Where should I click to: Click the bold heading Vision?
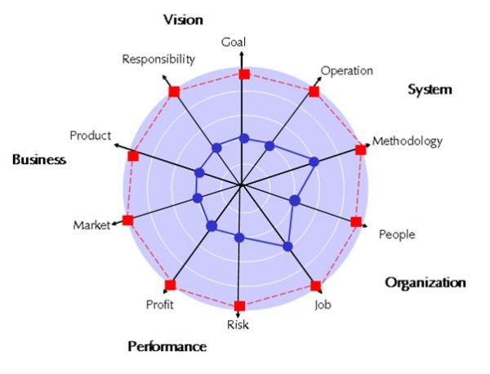pos(183,19)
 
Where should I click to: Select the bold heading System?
pos(430,89)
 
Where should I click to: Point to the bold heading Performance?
pos(167,346)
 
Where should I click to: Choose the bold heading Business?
pos(38,159)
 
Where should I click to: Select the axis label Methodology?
pos(408,141)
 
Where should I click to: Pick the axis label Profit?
pos(160,305)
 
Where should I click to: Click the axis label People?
pos(397,234)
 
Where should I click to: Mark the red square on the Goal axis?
pos(243,74)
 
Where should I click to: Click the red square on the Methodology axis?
pos(361,149)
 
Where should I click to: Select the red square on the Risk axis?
pos(238,306)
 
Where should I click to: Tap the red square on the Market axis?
pos(127,220)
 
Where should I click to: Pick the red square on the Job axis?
pos(315,286)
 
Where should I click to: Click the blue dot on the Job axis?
pos(287,246)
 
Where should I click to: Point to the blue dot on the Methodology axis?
pos(315,163)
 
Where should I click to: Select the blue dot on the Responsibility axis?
pos(216,148)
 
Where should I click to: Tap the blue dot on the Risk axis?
pos(239,238)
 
